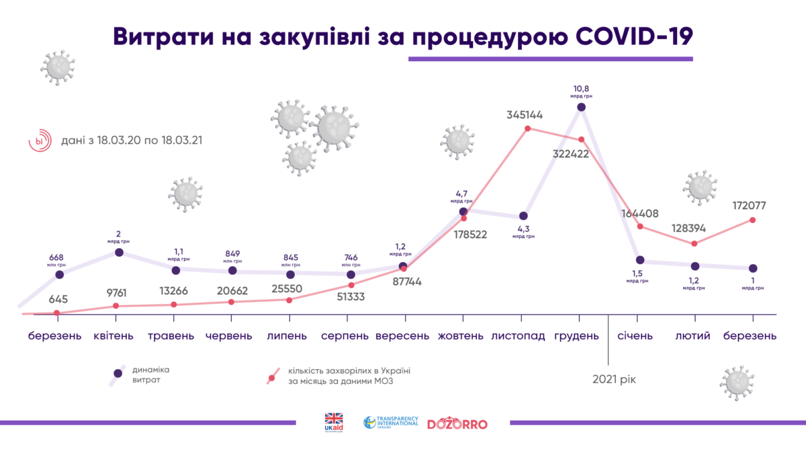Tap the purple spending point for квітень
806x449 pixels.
119,252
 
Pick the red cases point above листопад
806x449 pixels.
528,128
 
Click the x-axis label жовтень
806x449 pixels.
459,335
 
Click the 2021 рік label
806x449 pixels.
614,380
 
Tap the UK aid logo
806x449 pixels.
334,423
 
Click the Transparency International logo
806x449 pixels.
391,423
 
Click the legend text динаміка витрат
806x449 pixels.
151,375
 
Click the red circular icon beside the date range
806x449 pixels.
40,141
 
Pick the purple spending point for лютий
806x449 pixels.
695,266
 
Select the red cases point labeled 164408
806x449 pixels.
640,227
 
